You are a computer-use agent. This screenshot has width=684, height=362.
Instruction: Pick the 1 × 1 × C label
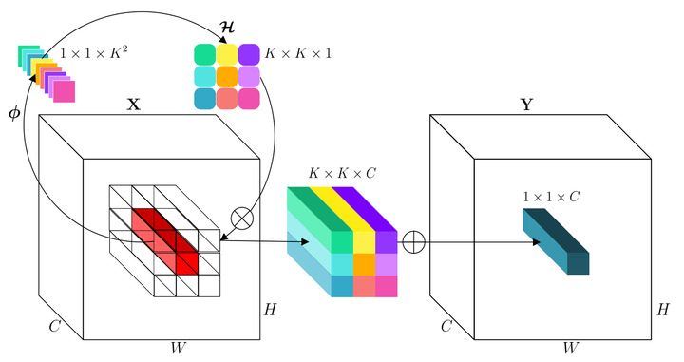point(552,197)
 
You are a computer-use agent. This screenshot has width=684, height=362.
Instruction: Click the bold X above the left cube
point(134,105)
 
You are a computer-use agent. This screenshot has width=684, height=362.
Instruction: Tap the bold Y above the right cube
point(526,105)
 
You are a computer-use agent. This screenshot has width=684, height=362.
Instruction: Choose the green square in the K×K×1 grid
point(204,54)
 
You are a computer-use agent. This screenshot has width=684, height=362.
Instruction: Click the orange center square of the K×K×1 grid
point(227,76)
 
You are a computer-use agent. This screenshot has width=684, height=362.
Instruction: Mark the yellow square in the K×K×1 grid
point(227,54)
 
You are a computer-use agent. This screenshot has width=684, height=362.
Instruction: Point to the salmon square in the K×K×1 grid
point(227,99)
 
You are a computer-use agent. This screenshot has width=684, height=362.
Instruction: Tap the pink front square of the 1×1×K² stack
point(65,91)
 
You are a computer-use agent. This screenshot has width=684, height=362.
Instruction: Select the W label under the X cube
point(180,348)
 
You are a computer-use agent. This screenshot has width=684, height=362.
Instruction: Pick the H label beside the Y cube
point(663,310)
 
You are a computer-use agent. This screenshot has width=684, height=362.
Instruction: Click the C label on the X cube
point(55,326)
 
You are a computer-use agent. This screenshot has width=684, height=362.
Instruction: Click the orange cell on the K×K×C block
point(365,264)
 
